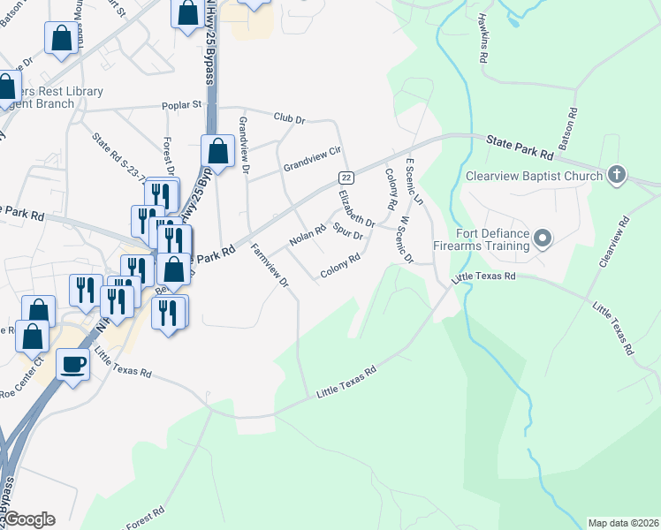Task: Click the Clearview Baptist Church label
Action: [x=533, y=175]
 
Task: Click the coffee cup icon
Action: [x=72, y=363]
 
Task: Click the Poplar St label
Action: [x=182, y=105]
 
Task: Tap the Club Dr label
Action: [x=289, y=117]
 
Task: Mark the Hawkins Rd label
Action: [x=482, y=36]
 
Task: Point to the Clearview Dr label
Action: [x=616, y=240]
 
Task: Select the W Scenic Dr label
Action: [x=406, y=238]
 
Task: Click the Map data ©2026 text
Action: [x=622, y=523]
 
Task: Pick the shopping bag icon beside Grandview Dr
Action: [x=217, y=152]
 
